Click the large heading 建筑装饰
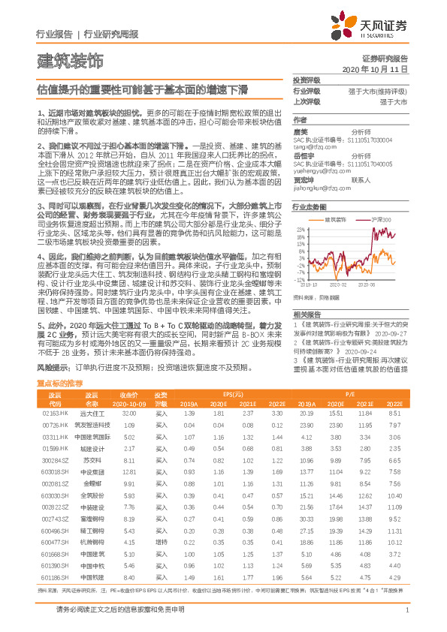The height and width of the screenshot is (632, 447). coord(71,59)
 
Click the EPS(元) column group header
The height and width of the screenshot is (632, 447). coord(232,394)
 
